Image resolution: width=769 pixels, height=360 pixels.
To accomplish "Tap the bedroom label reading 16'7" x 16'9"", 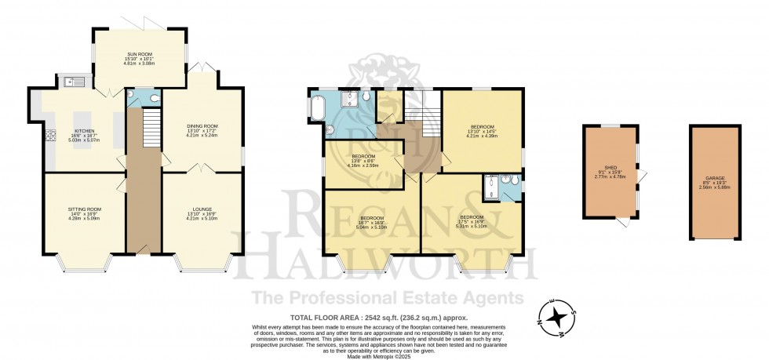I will coord(371,220).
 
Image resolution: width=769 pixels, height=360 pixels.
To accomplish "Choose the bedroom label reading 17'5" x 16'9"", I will coord(471,220).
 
